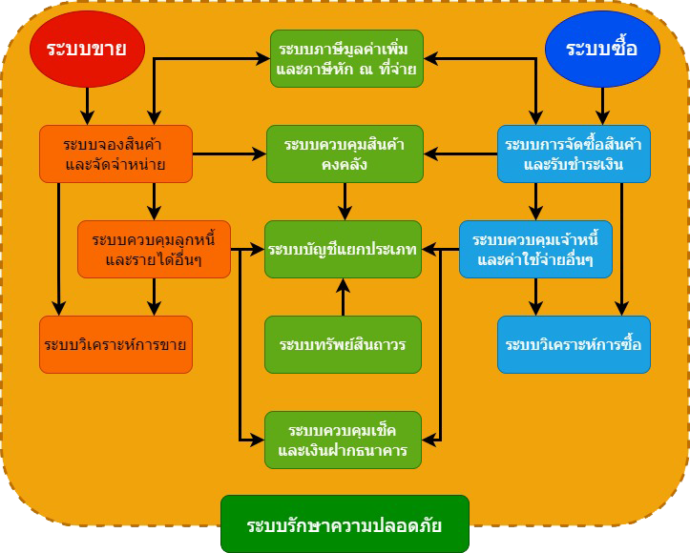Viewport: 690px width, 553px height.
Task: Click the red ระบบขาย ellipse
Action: pos(87,48)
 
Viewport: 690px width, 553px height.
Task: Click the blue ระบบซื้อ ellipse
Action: pos(602,49)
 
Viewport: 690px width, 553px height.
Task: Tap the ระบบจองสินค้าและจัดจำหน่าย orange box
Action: pos(115,154)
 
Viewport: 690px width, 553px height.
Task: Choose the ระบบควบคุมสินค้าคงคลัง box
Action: pos(345,154)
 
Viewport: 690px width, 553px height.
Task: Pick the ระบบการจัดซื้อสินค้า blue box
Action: pos(574,154)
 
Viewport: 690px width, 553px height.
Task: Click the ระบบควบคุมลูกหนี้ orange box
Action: pos(154,249)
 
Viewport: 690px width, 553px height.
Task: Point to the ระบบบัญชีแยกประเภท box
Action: pos(344,249)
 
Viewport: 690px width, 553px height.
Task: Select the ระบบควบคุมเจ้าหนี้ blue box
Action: pos(535,249)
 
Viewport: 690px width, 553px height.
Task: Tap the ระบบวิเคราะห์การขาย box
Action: pos(115,344)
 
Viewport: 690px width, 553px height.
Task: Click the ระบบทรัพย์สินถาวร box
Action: pos(344,344)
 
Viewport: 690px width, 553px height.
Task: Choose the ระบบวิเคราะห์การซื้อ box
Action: pos(574,344)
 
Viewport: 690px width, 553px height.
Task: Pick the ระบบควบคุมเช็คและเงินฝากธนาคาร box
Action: pos(344,440)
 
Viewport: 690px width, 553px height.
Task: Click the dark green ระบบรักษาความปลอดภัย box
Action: pos(345,524)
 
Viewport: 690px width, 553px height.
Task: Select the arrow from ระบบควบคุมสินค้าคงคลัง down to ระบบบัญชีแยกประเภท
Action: pos(344,201)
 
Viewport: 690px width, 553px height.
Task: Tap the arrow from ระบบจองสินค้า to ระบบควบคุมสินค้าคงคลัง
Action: pos(229,154)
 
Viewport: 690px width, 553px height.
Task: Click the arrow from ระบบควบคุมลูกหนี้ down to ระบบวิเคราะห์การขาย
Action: pos(154,297)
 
